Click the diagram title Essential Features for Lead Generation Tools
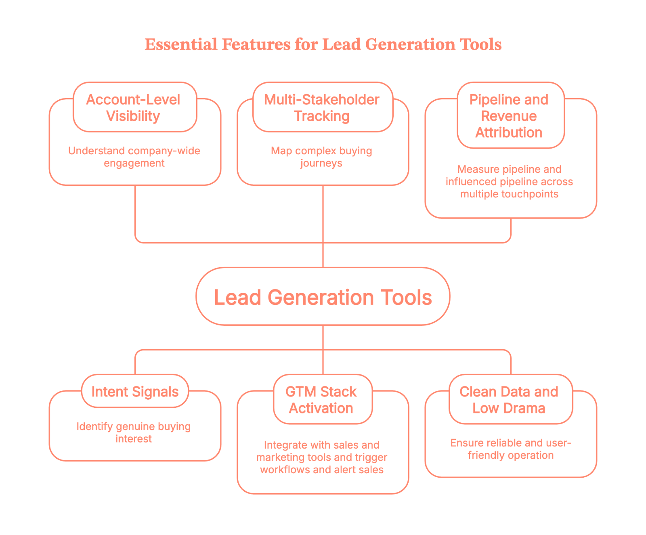(x=323, y=44)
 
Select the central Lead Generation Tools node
(x=323, y=297)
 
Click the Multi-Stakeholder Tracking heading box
(x=322, y=107)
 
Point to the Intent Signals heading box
(x=135, y=392)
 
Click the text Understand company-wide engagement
(x=134, y=157)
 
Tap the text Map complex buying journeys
(x=321, y=157)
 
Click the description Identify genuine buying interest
(x=134, y=432)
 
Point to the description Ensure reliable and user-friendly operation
(x=510, y=449)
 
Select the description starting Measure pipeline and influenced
(x=509, y=181)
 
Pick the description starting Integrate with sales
(x=322, y=457)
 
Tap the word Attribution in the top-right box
(x=509, y=132)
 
